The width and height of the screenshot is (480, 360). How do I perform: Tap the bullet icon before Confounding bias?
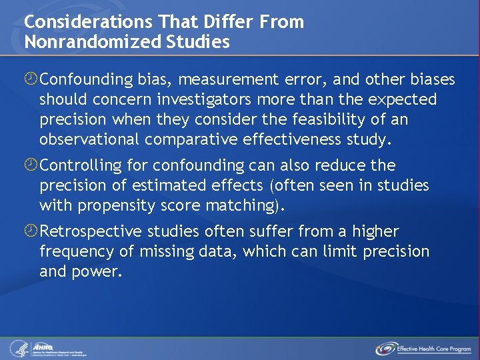pos(31,80)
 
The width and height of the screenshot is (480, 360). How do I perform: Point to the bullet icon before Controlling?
pos(31,165)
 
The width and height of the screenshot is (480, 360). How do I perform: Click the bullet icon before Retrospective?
pos(31,232)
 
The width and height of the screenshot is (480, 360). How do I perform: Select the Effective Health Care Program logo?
pos(423,348)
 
